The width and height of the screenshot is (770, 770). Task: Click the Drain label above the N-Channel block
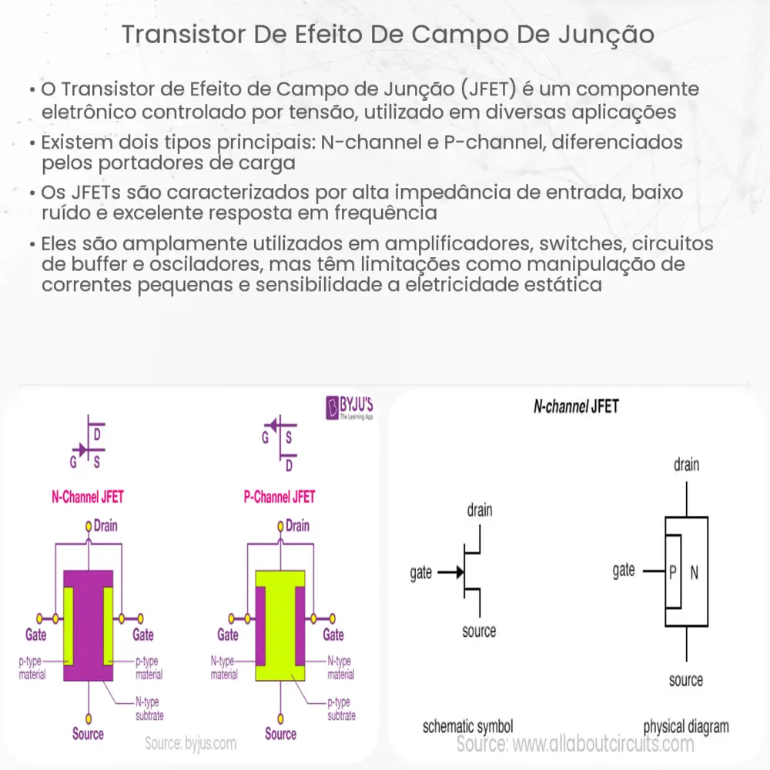tap(105, 526)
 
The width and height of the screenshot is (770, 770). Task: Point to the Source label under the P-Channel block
tap(280, 734)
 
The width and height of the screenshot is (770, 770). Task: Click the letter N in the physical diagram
tap(695, 572)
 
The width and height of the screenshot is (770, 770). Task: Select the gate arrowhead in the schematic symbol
tap(457, 572)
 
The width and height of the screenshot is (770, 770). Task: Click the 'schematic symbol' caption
tap(468, 726)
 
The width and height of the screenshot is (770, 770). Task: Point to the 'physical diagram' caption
tap(685, 726)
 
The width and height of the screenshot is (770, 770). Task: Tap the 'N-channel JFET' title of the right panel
tap(576, 407)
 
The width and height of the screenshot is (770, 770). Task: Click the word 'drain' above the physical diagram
tap(686, 464)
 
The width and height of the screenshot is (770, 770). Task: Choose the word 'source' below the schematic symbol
tap(479, 631)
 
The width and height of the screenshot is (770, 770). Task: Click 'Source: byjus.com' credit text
tap(190, 744)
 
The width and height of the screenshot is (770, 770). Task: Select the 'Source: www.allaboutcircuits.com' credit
tap(575, 744)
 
